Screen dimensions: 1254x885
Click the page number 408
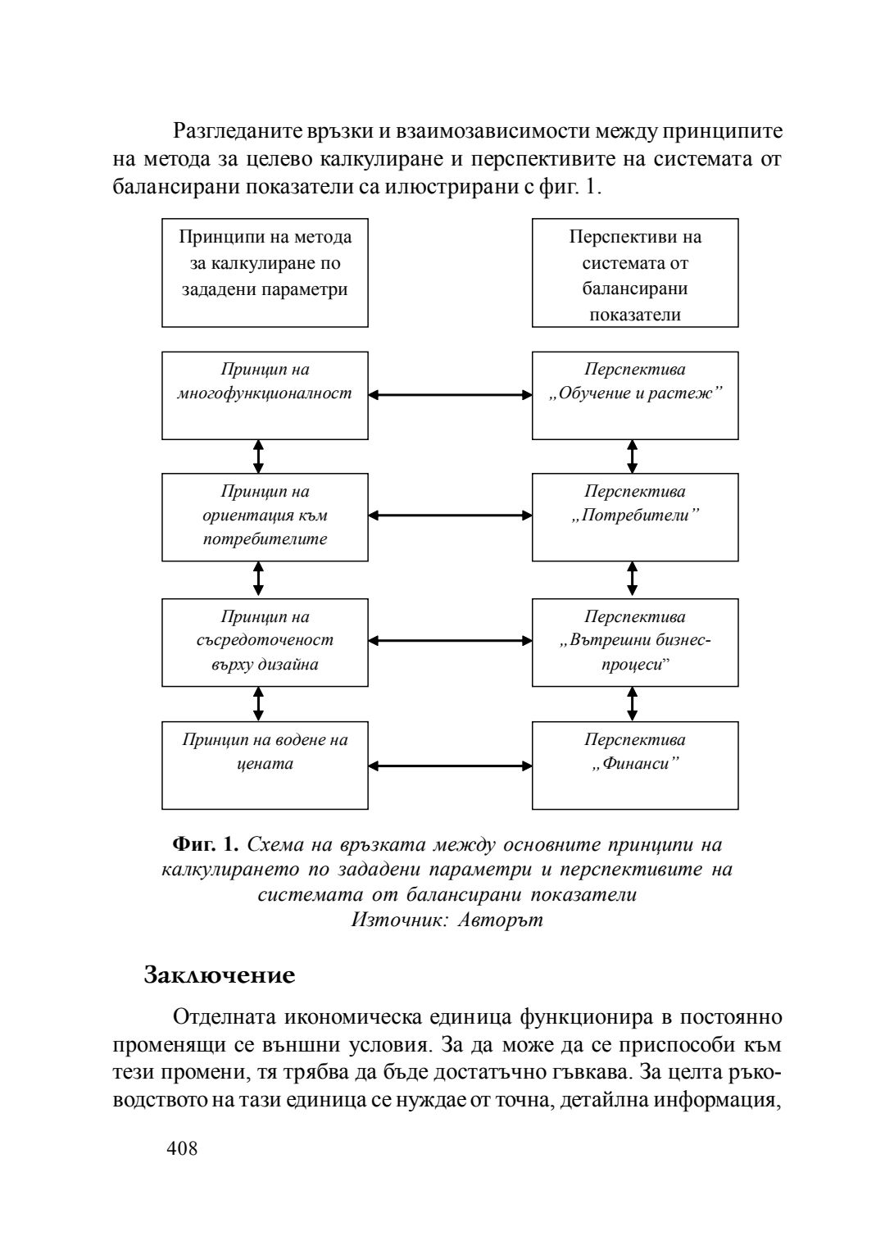[182, 1149]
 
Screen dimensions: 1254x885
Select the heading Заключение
[219, 975]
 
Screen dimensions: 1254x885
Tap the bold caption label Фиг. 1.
[205, 844]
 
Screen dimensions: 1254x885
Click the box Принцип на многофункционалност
[265, 395]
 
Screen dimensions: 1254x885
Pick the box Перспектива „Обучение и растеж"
[635, 395]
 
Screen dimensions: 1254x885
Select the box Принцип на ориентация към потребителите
[265, 516]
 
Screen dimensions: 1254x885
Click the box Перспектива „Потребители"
[635, 516]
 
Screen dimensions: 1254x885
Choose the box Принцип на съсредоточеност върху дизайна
[265, 642]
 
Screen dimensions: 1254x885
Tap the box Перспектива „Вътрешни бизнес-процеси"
[635, 642]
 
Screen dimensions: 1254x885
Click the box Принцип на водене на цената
[265, 765]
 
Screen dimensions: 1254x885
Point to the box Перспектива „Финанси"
[635, 765]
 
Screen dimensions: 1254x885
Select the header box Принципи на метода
[265, 272]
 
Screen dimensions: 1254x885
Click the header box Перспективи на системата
[635, 272]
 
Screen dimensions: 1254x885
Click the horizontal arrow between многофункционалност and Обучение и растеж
[450, 395]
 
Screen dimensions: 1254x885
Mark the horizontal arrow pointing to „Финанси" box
[450, 766]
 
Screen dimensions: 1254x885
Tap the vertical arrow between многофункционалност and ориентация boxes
[259, 457]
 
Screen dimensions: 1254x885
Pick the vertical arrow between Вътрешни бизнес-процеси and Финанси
[632, 704]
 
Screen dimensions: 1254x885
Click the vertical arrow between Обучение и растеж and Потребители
[632, 457]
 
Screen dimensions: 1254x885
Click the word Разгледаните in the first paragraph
[239, 131]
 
